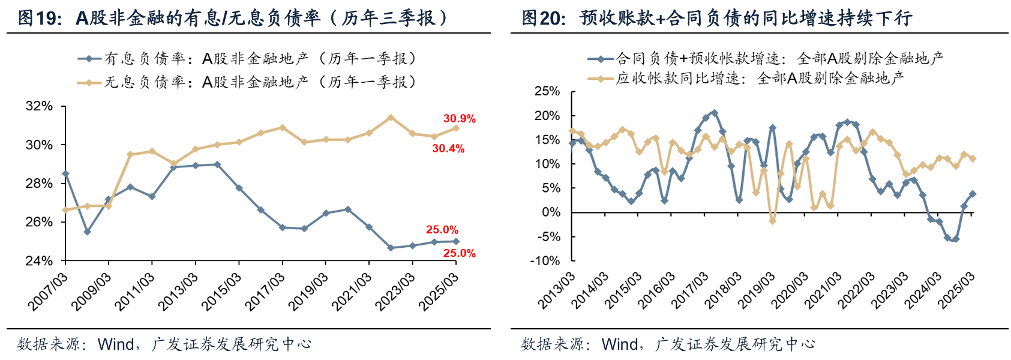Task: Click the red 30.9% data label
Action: tap(459, 119)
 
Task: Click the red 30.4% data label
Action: tap(448, 148)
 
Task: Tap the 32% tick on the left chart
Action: tap(39, 106)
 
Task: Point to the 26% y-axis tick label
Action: tap(39, 222)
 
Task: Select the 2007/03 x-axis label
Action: tap(48, 291)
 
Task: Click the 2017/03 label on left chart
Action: tap(265, 291)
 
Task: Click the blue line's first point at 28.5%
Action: tap(65, 174)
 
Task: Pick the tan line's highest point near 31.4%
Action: tap(391, 118)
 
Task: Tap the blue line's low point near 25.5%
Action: tap(87, 232)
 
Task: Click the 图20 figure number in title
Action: tap(543, 18)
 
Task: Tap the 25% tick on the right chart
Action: tap(547, 91)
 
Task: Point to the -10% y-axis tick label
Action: tap(545, 261)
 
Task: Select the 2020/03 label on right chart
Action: tap(789, 291)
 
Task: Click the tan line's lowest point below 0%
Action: tap(772, 221)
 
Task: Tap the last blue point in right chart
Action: tap(973, 194)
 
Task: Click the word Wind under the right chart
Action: tap(620, 344)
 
